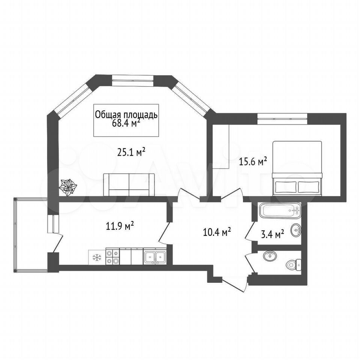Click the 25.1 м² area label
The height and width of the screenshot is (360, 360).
tap(131, 152)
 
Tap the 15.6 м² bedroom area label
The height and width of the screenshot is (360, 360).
tap(253, 162)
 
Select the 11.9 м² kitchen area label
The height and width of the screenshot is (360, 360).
tap(120, 226)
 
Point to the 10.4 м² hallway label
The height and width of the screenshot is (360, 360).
tap(217, 232)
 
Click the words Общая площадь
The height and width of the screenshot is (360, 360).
tap(126, 115)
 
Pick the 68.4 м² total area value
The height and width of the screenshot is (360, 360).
tap(126, 123)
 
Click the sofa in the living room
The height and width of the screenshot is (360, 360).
tap(129, 184)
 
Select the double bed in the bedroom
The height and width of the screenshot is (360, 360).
tap(297, 168)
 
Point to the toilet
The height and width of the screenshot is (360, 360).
tap(294, 265)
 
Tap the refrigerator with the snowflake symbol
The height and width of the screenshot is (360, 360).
tap(97, 257)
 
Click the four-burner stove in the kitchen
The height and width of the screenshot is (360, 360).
tap(113, 256)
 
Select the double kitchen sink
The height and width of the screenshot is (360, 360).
tap(154, 256)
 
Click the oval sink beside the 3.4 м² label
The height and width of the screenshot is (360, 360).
tap(295, 229)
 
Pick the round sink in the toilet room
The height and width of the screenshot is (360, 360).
tap(270, 256)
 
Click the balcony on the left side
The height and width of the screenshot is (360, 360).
tap(30, 235)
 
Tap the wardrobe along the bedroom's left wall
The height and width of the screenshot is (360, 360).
tap(221, 147)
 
